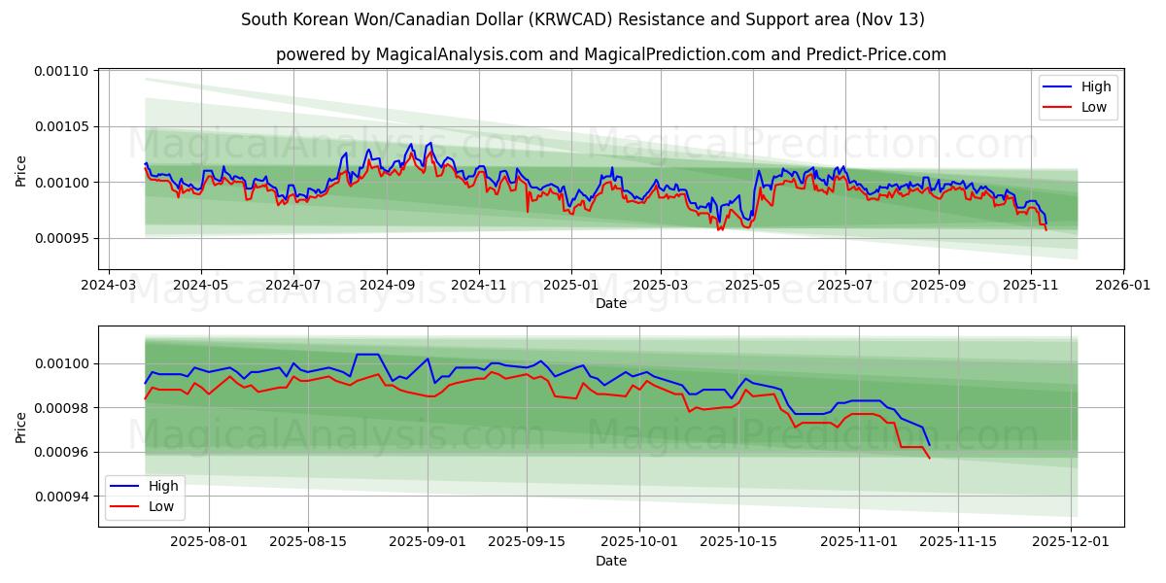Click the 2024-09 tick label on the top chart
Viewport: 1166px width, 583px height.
[387, 287]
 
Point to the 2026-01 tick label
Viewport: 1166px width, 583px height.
[1123, 287]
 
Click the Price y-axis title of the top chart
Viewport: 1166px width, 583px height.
[21, 170]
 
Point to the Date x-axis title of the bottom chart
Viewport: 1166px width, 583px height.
[611, 561]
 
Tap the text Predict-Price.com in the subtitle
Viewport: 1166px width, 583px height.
[876, 54]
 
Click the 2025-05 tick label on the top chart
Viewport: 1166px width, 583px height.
[753, 287]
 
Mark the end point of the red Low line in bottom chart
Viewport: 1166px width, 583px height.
[930, 459]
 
